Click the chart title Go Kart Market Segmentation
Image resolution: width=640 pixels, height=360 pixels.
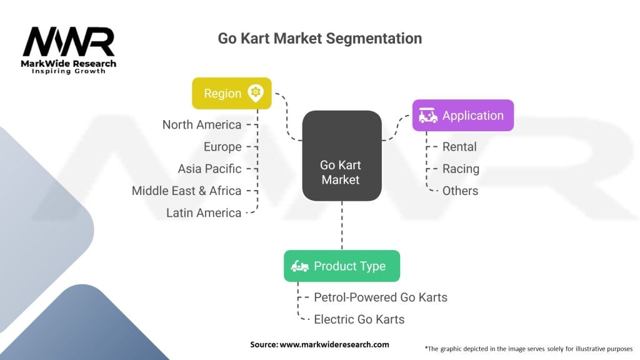(x=319, y=38)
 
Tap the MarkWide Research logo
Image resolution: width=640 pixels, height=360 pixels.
(x=69, y=50)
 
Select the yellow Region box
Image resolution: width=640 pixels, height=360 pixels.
(x=232, y=93)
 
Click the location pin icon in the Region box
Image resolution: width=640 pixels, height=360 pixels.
(x=256, y=93)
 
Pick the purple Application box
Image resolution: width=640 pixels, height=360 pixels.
(x=463, y=115)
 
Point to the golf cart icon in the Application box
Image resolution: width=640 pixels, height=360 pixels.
(x=427, y=116)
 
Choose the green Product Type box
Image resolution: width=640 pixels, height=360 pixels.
(x=342, y=266)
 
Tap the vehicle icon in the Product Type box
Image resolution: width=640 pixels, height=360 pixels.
(x=299, y=266)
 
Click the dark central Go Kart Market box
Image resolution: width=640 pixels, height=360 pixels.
(x=342, y=156)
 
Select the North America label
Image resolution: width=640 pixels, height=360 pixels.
(x=202, y=124)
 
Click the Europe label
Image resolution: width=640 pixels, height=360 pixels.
(x=222, y=146)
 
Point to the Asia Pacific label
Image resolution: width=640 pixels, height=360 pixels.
(x=209, y=169)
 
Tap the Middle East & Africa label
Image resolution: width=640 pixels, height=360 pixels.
(x=186, y=191)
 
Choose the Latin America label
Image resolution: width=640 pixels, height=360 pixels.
(x=204, y=212)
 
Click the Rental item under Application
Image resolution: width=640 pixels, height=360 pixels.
(x=459, y=146)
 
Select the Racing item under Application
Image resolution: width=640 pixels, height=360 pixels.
(x=461, y=169)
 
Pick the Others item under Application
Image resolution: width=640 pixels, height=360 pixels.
(x=460, y=191)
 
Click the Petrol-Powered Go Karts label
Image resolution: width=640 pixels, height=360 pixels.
(x=381, y=297)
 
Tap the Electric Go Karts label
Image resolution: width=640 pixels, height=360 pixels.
(x=359, y=319)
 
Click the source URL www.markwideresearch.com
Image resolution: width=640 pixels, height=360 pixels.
(x=334, y=344)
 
